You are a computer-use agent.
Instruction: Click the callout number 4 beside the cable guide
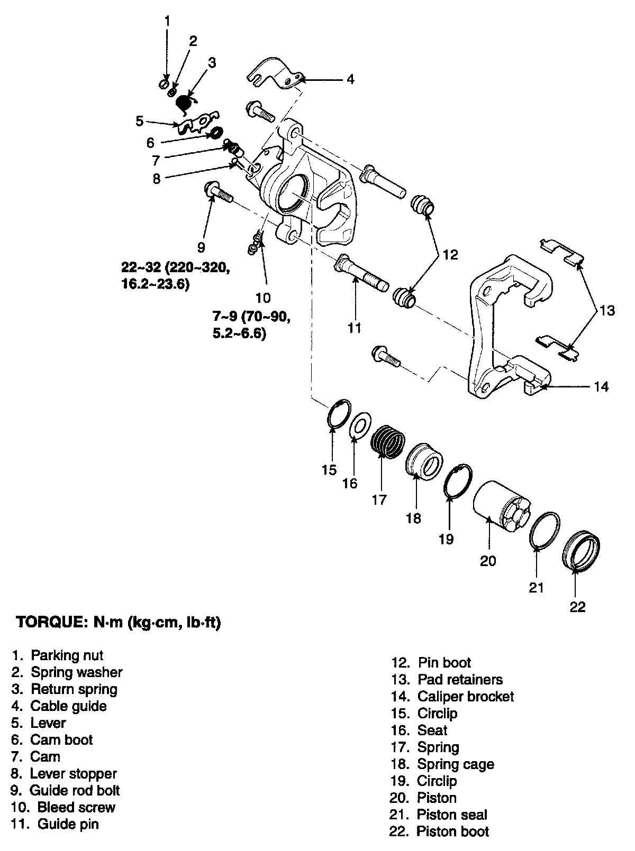tap(350, 79)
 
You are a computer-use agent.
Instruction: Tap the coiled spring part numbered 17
tap(388, 442)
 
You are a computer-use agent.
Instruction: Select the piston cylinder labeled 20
tap(498, 504)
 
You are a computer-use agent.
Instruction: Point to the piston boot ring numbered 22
tap(580, 552)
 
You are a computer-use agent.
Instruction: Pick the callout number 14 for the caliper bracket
tap(601, 386)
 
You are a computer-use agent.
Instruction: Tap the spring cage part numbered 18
tap(424, 460)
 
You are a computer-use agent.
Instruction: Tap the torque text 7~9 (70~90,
tap(251, 317)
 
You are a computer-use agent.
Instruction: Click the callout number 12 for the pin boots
tap(450, 255)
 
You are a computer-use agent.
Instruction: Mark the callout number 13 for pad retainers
tap(607, 310)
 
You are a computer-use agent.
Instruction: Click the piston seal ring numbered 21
tap(545, 530)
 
